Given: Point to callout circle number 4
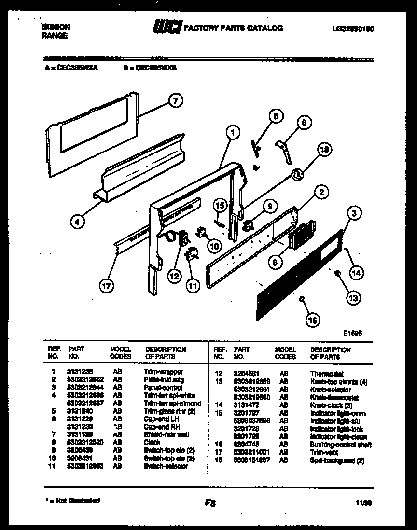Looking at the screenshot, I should (x=77, y=222).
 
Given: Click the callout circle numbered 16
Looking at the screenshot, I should (x=313, y=319).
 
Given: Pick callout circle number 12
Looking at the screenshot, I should (x=174, y=276).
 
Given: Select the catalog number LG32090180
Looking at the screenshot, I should (x=353, y=28).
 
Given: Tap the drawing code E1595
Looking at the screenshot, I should (x=353, y=333).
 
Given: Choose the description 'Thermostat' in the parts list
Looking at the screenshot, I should (x=327, y=374).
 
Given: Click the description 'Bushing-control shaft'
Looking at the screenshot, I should (x=341, y=445).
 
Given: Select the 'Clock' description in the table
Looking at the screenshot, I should (x=152, y=442).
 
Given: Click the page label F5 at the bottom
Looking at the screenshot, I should (x=209, y=503).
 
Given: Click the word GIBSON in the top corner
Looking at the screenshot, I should (x=53, y=28).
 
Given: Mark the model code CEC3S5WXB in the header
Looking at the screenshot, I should (x=151, y=69).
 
